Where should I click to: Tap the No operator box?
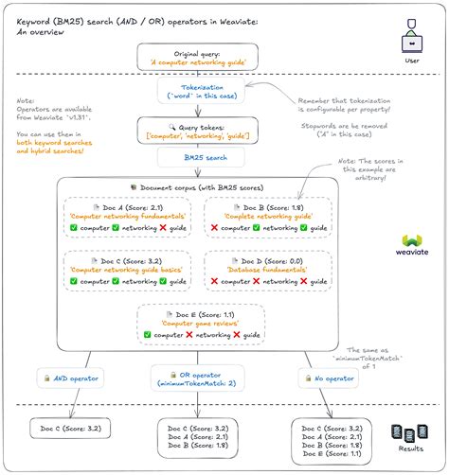329,378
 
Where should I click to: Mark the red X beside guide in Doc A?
163,229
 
